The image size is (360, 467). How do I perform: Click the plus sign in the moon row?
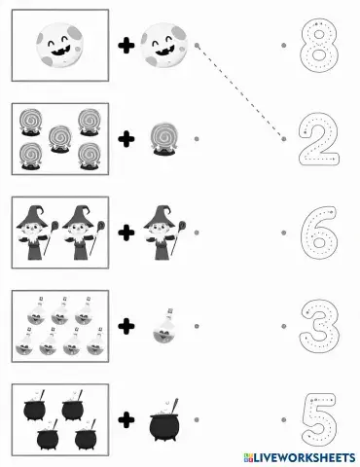(126, 45)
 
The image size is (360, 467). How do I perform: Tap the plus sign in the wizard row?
(126, 234)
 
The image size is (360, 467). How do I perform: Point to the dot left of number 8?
(283, 45)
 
